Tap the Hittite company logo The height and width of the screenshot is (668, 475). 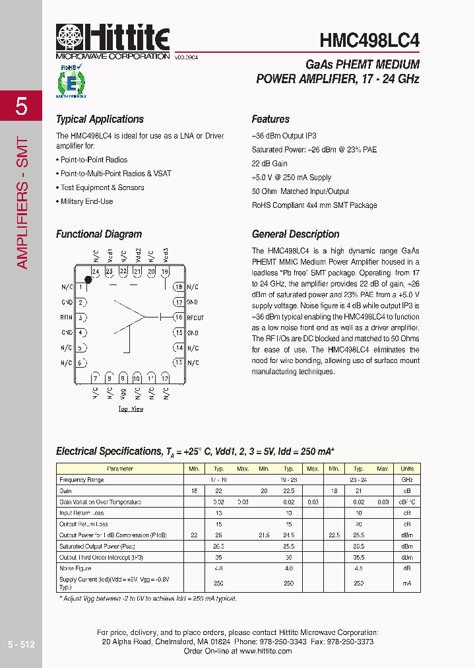tap(113, 39)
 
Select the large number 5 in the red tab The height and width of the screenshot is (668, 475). tap(21, 106)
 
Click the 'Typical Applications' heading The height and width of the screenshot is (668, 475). tap(100, 119)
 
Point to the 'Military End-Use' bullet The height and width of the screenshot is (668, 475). tap(86, 201)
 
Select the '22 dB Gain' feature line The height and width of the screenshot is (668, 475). tap(270, 164)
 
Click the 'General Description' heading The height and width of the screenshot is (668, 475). tap(296, 234)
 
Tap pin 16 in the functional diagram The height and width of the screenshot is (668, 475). tap(178, 317)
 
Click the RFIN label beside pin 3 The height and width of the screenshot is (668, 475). tap(67, 317)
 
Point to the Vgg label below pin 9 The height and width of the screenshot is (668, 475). tap(123, 393)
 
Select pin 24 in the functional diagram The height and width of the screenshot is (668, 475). tap(95, 271)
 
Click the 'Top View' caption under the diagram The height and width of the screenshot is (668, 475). tap(131, 409)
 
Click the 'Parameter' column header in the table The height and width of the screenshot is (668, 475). tap(119, 469)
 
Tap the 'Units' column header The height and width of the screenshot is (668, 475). tap(407, 469)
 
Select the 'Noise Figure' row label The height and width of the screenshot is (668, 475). tap(75, 568)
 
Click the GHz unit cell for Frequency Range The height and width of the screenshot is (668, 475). tap(407, 480)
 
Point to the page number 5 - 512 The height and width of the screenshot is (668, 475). tap(21, 644)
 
